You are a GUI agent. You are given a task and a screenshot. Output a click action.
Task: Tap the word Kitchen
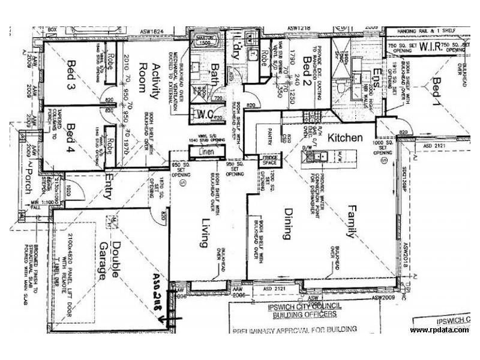tap(345, 137)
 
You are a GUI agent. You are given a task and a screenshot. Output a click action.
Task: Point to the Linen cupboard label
tap(205, 154)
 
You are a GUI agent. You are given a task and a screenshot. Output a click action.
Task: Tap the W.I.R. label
tap(430, 46)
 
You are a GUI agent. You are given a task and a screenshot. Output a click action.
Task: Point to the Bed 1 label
tap(438, 90)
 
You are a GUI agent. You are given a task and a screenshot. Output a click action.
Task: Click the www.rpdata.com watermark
tap(439, 331)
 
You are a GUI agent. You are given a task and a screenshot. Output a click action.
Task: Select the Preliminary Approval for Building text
tap(294, 329)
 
